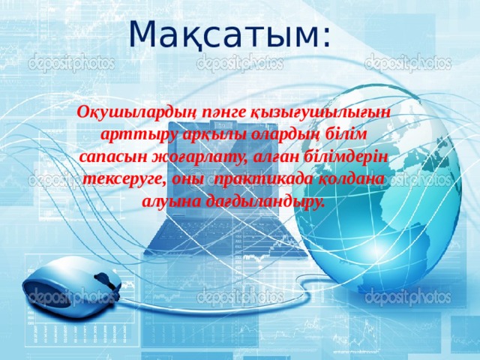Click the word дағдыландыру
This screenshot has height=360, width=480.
coord(261,202)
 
